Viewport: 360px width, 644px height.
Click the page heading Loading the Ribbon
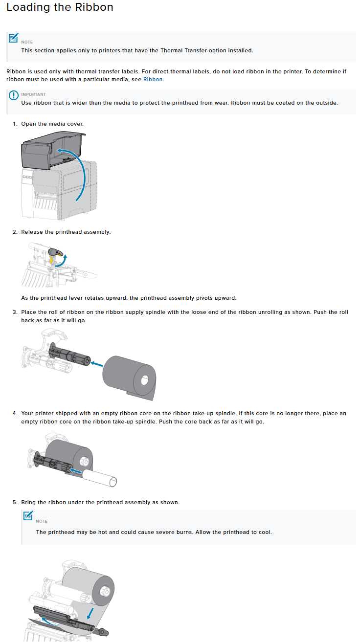[x=60, y=8]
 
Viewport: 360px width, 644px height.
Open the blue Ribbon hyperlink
[x=153, y=79]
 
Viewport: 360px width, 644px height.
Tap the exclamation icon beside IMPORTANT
[x=14, y=96]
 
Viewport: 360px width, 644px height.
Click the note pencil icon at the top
[x=14, y=38]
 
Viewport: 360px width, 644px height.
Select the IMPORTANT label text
[x=33, y=94]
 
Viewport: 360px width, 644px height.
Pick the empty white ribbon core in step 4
[x=100, y=476]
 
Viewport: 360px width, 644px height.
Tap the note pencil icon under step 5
[x=28, y=515]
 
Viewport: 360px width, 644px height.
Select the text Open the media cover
[x=52, y=124]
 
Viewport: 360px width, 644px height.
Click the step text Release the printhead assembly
[x=66, y=232]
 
